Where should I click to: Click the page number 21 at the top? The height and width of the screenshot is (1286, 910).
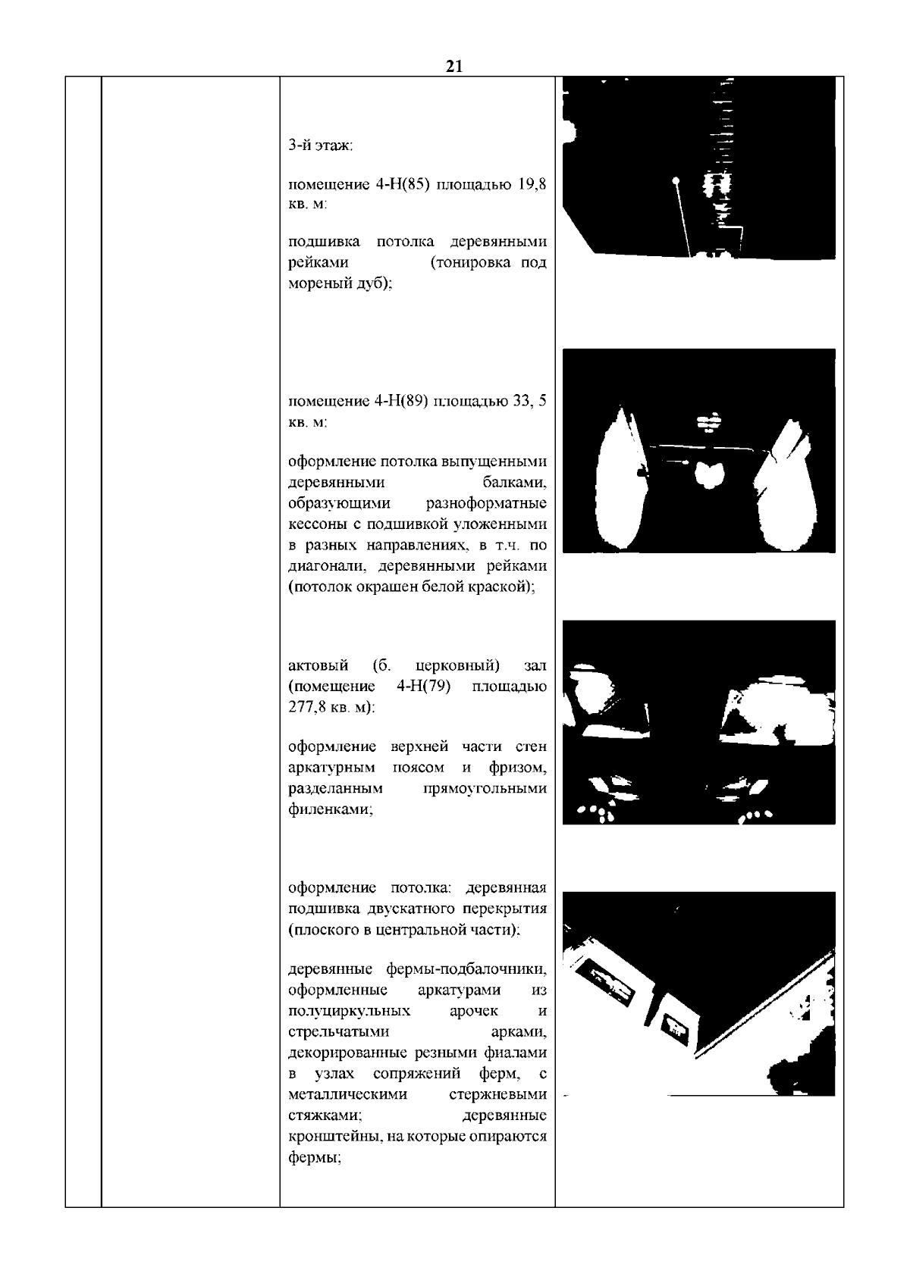pos(453,67)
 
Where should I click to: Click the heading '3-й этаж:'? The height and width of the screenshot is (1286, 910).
pos(321,145)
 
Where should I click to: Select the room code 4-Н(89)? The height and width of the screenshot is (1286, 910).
pos(403,402)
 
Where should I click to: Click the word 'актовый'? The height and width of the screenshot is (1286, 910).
pos(318,665)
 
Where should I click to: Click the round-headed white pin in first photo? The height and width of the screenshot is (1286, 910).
pos(675,181)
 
